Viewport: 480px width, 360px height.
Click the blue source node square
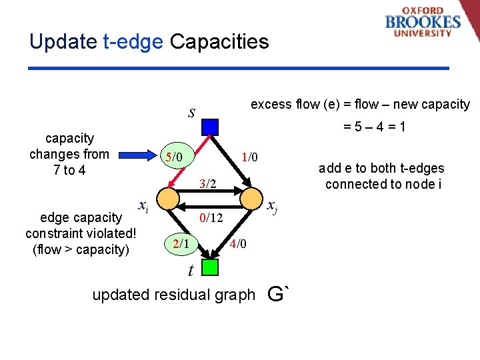coord(210,127)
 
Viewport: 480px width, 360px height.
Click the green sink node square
coord(210,267)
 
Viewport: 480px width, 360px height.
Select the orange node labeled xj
coord(252,198)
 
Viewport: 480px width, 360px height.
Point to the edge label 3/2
coord(209,183)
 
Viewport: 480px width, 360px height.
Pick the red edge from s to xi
coord(191,161)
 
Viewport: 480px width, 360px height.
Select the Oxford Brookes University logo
coord(423,23)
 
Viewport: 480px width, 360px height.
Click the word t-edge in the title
coord(133,42)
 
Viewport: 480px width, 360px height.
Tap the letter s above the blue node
coord(191,111)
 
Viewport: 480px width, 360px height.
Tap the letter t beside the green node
coord(191,270)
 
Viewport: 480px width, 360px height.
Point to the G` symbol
coord(279,293)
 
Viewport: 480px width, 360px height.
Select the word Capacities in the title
coord(219,42)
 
